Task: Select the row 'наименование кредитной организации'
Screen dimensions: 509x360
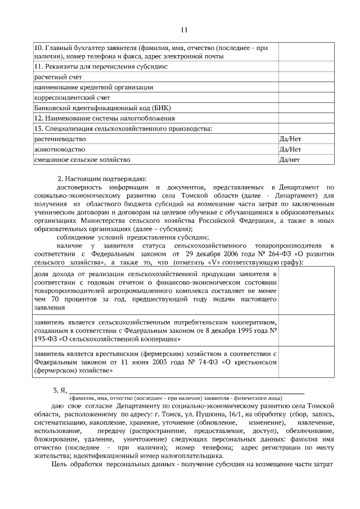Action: click(x=93, y=87)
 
